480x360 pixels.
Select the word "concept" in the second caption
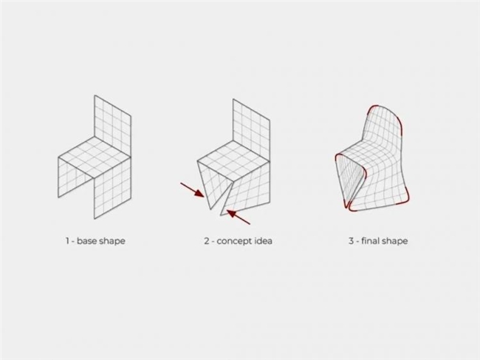click(235, 242)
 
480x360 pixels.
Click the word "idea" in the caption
click(264, 241)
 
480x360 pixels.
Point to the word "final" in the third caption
click(369, 241)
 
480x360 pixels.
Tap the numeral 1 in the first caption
click(67, 241)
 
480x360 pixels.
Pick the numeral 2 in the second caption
click(207, 241)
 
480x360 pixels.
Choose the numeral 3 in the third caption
click(351, 241)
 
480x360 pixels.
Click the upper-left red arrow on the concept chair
click(192, 190)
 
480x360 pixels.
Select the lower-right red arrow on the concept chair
click(238, 217)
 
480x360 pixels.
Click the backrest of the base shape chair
click(113, 126)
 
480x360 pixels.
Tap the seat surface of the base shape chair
click(95, 157)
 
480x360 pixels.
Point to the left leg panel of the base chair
click(76, 177)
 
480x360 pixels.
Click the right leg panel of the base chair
click(113, 188)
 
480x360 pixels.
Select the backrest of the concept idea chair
click(251, 130)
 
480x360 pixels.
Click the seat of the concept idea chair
click(233, 161)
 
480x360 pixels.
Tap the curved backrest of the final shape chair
click(383, 129)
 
